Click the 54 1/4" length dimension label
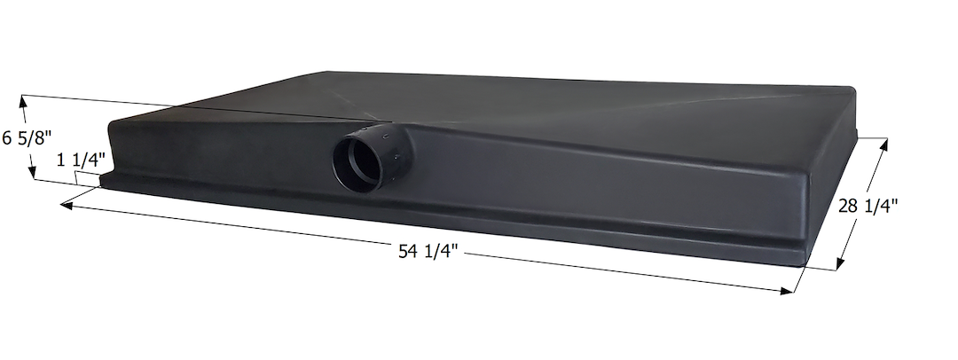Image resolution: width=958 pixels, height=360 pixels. tap(429, 252)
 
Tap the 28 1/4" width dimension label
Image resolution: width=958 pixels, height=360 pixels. tap(868, 206)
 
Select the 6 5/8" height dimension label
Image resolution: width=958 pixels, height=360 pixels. tap(27, 137)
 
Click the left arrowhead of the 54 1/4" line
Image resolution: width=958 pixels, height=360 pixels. tap(65, 205)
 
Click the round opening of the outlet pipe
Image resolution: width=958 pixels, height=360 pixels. tap(358, 162)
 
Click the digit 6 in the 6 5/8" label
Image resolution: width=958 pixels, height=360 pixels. tap(7, 137)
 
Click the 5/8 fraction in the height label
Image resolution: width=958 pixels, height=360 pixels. tap(34, 137)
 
